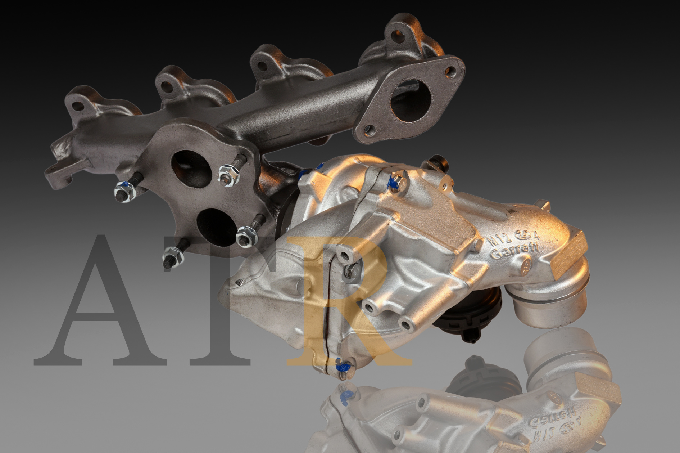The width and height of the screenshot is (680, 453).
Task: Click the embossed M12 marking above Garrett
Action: [x=498, y=240]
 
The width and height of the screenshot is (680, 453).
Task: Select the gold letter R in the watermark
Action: [x=345, y=302]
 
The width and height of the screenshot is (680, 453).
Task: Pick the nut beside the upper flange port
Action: [x=229, y=175]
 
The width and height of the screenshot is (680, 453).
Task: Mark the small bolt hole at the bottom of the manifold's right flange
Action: [x=368, y=129]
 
